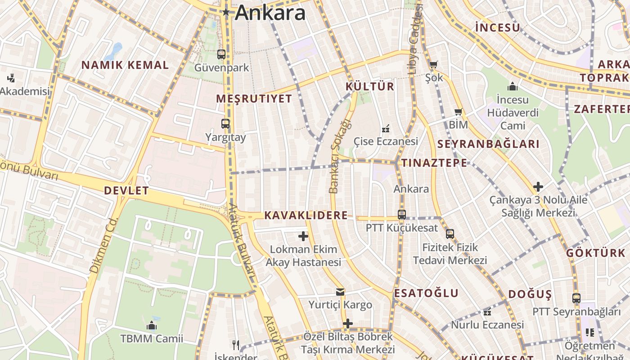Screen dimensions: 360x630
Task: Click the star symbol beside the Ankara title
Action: pyautogui.click(x=226, y=12)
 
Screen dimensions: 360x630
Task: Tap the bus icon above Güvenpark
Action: pyautogui.click(x=221, y=54)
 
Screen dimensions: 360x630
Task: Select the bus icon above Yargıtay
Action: pyautogui.click(x=225, y=123)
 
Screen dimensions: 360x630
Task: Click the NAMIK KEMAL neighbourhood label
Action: pyautogui.click(x=125, y=65)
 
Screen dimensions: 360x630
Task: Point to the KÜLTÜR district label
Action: pyautogui.click(x=370, y=86)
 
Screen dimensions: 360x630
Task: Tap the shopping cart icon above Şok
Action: pyautogui.click(x=433, y=65)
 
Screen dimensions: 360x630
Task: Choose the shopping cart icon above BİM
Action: pyautogui.click(x=458, y=112)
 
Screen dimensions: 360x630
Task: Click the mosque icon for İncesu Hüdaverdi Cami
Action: pyautogui.click(x=512, y=86)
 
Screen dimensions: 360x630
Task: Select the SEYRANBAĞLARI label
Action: pyautogui.click(x=488, y=144)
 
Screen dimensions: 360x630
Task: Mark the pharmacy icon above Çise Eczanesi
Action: pyautogui.click(x=385, y=129)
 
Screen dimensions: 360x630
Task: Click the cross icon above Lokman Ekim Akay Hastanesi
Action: pyautogui.click(x=303, y=236)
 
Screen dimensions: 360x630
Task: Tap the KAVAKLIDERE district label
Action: pyautogui.click(x=306, y=216)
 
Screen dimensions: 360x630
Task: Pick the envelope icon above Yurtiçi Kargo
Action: pyautogui.click(x=340, y=292)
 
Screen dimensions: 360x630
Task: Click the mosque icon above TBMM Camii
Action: pyautogui.click(x=151, y=325)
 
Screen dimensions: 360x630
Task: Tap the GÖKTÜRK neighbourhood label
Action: pyautogui.click(x=596, y=253)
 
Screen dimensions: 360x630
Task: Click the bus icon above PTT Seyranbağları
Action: pyautogui.click(x=576, y=298)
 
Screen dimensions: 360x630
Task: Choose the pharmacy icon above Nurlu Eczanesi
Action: pyautogui.click(x=487, y=312)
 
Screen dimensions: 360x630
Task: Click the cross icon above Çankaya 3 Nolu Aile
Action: pyautogui.click(x=538, y=186)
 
